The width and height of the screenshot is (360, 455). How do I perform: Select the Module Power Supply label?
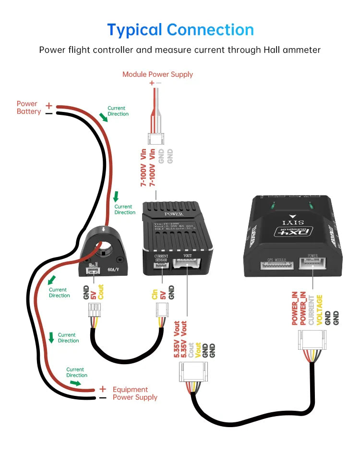[157, 74]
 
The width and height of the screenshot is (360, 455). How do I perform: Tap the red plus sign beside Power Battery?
[48, 105]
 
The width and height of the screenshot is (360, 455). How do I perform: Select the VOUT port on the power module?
[188, 265]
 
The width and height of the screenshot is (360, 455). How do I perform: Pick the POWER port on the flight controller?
[312, 263]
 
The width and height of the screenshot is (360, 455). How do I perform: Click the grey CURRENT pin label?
[311, 309]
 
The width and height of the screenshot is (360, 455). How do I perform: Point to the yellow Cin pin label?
[155, 294]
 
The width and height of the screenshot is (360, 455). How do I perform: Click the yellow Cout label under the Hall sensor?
[101, 292]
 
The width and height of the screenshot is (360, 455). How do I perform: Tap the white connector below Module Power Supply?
[156, 139]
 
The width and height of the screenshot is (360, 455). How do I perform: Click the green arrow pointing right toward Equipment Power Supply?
[76, 383]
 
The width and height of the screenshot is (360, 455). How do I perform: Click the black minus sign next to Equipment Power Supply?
[102, 398]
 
